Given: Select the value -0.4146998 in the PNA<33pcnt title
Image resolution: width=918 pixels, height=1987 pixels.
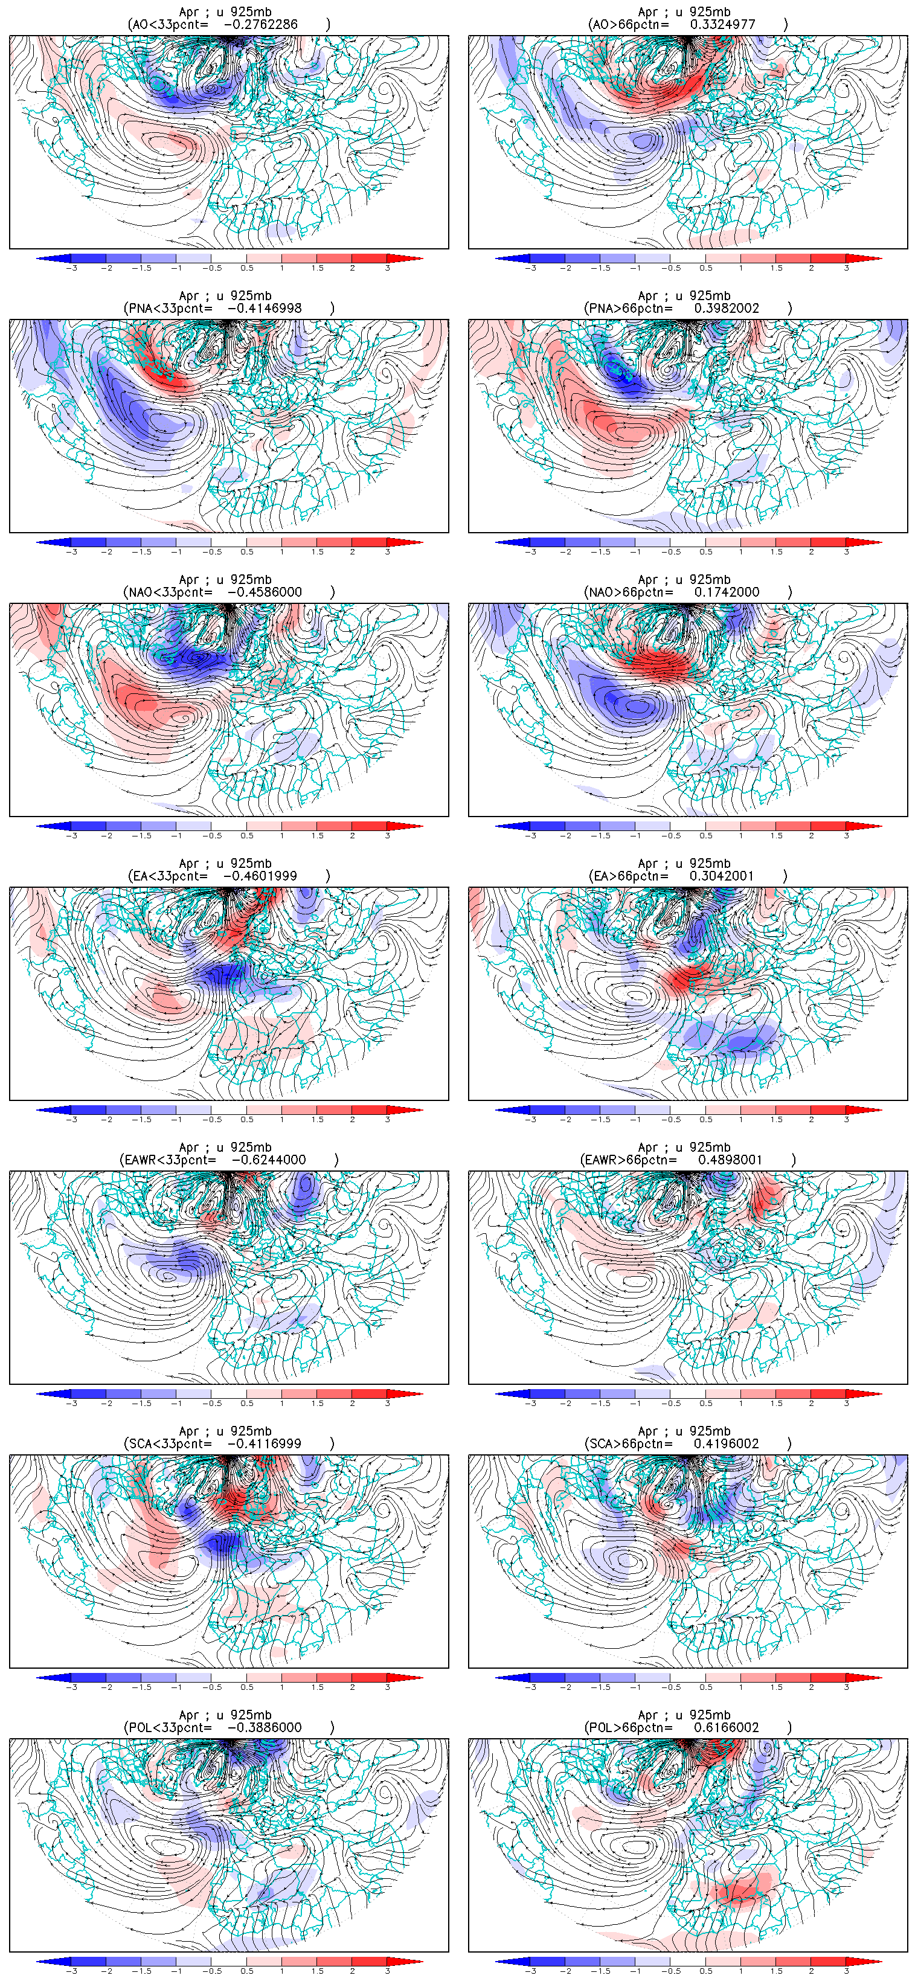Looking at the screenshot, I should point(265,308).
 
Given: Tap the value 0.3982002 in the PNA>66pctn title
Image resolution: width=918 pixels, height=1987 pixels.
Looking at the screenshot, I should point(727,308).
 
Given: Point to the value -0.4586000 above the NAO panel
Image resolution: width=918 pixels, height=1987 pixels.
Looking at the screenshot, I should point(265,592).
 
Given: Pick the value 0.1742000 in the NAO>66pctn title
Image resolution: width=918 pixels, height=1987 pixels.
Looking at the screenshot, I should point(727,592).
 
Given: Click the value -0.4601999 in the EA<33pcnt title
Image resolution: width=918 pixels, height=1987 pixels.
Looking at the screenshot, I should point(260,876).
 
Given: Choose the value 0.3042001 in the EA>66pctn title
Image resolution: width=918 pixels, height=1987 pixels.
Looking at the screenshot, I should point(722,876).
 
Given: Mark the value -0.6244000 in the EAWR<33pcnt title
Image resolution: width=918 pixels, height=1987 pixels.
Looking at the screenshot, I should point(269,1160).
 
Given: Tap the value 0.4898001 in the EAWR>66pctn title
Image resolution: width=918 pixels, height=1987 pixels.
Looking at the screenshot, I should point(730,1160).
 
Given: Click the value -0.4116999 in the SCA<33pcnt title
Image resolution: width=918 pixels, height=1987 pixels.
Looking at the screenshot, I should point(265,1443).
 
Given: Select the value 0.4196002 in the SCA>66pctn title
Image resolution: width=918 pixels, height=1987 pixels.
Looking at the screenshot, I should point(727,1443).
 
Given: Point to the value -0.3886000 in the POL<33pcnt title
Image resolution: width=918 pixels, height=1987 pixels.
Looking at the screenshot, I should point(265,1727).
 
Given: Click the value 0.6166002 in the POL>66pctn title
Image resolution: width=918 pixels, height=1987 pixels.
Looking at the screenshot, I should point(727,1727).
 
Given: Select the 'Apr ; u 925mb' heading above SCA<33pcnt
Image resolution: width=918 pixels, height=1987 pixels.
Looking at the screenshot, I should point(225,1431).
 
